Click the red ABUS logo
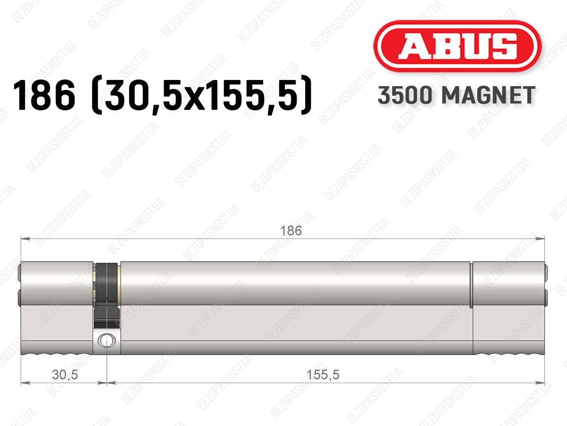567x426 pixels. click(457, 46)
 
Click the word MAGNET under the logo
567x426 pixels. click(488, 95)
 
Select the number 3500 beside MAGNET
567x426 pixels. click(405, 95)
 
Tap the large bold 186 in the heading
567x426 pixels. click(44, 95)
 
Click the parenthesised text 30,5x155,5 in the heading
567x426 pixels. click(201, 95)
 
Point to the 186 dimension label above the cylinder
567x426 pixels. click(291, 231)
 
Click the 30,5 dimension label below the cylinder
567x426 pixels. click(65, 375)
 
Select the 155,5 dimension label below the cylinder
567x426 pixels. click(323, 375)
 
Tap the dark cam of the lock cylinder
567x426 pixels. click(107, 295)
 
